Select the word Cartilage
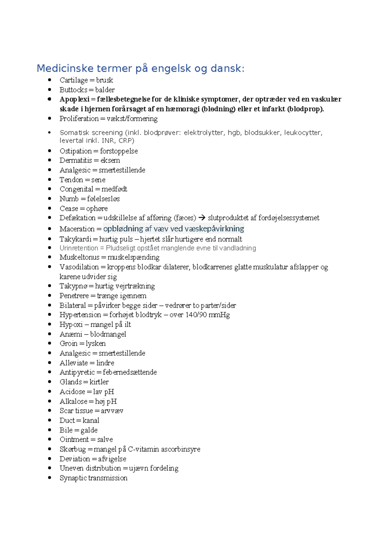pos(73,80)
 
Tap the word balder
pos(105,90)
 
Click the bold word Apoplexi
pos(74,99)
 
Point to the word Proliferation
pos(79,119)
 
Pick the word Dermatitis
pos(76,160)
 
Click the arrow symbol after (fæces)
pos(202,218)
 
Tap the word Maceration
pos(77,229)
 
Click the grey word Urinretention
pos(79,248)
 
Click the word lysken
pos(95,344)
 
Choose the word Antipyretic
pos(77,372)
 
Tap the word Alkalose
pos(73,401)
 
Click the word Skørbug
pos(73,449)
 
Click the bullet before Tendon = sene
pos(49,180)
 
